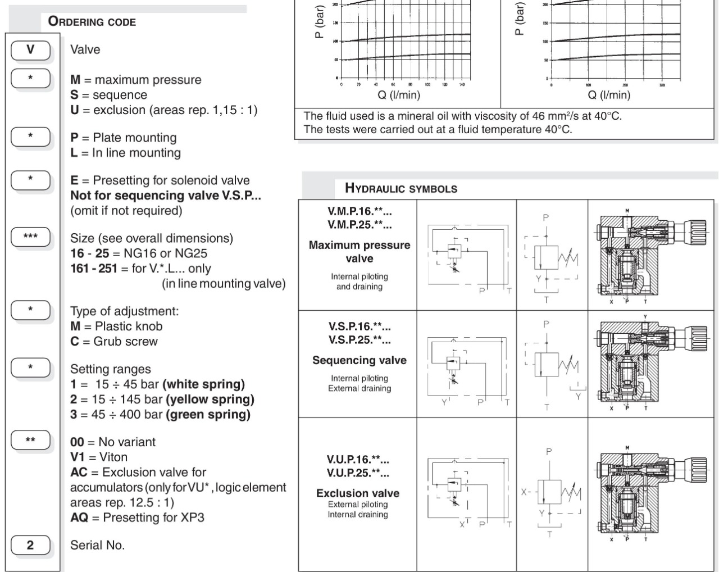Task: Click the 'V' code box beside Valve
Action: coord(30,49)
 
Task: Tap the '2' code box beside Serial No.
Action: coord(30,545)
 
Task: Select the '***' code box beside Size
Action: coord(30,237)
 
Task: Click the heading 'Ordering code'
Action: coord(92,22)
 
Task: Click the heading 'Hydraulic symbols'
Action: coord(401,188)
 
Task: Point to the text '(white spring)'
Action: coord(203,384)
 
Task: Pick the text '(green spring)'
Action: coord(206,415)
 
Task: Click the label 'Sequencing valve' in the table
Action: coord(359,360)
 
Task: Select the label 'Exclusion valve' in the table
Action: coord(358,493)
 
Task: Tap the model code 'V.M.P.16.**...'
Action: coord(359,212)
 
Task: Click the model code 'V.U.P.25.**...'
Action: coord(358,473)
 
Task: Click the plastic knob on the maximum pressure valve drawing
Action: coord(697,228)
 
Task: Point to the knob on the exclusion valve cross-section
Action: coord(697,466)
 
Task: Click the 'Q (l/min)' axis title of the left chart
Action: coord(399,95)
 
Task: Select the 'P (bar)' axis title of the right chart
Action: coord(520,19)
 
